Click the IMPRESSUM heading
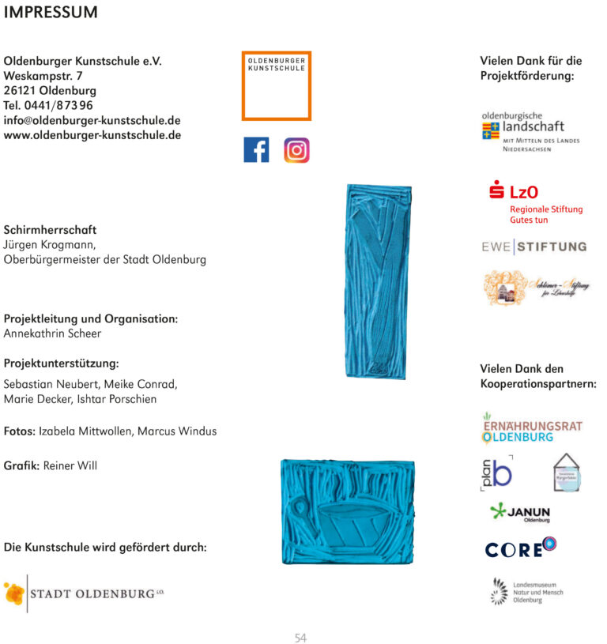pyautogui.click(x=51, y=13)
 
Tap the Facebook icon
pyautogui.click(x=256, y=150)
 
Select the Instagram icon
pyautogui.click(x=296, y=150)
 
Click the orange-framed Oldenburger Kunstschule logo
pyautogui.click(x=276, y=85)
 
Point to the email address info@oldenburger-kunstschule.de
pyautogui.click(x=92, y=121)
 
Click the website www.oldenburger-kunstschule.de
pyautogui.click(x=92, y=135)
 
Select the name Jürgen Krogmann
pyautogui.click(x=50, y=245)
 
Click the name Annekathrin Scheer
pyautogui.click(x=52, y=333)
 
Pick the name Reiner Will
pyautogui.click(x=70, y=465)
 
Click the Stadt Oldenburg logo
pyautogui.click(x=83, y=593)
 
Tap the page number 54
pyautogui.click(x=300, y=638)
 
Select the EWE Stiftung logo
pyautogui.click(x=534, y=247)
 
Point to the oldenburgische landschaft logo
pyautogui.click(x=530, y=131)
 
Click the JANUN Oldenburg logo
pyautogui.click(x=519, y=513)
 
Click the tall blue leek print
pyautogui.click(x=378, y=281)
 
